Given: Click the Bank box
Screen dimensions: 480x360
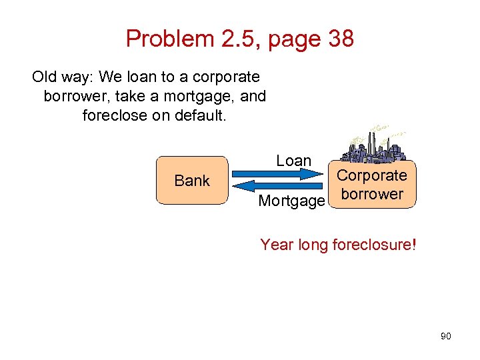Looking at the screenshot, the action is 191,180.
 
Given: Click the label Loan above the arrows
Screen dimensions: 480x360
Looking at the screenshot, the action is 293,161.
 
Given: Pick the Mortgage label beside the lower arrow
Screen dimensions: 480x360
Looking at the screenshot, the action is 291,200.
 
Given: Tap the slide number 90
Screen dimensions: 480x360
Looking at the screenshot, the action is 445,336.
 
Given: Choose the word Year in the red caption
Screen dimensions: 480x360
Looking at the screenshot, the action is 277,245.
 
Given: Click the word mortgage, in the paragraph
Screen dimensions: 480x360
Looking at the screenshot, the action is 201,96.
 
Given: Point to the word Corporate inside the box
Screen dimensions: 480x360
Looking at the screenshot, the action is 371,175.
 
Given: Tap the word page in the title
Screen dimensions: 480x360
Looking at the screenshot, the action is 287,39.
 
